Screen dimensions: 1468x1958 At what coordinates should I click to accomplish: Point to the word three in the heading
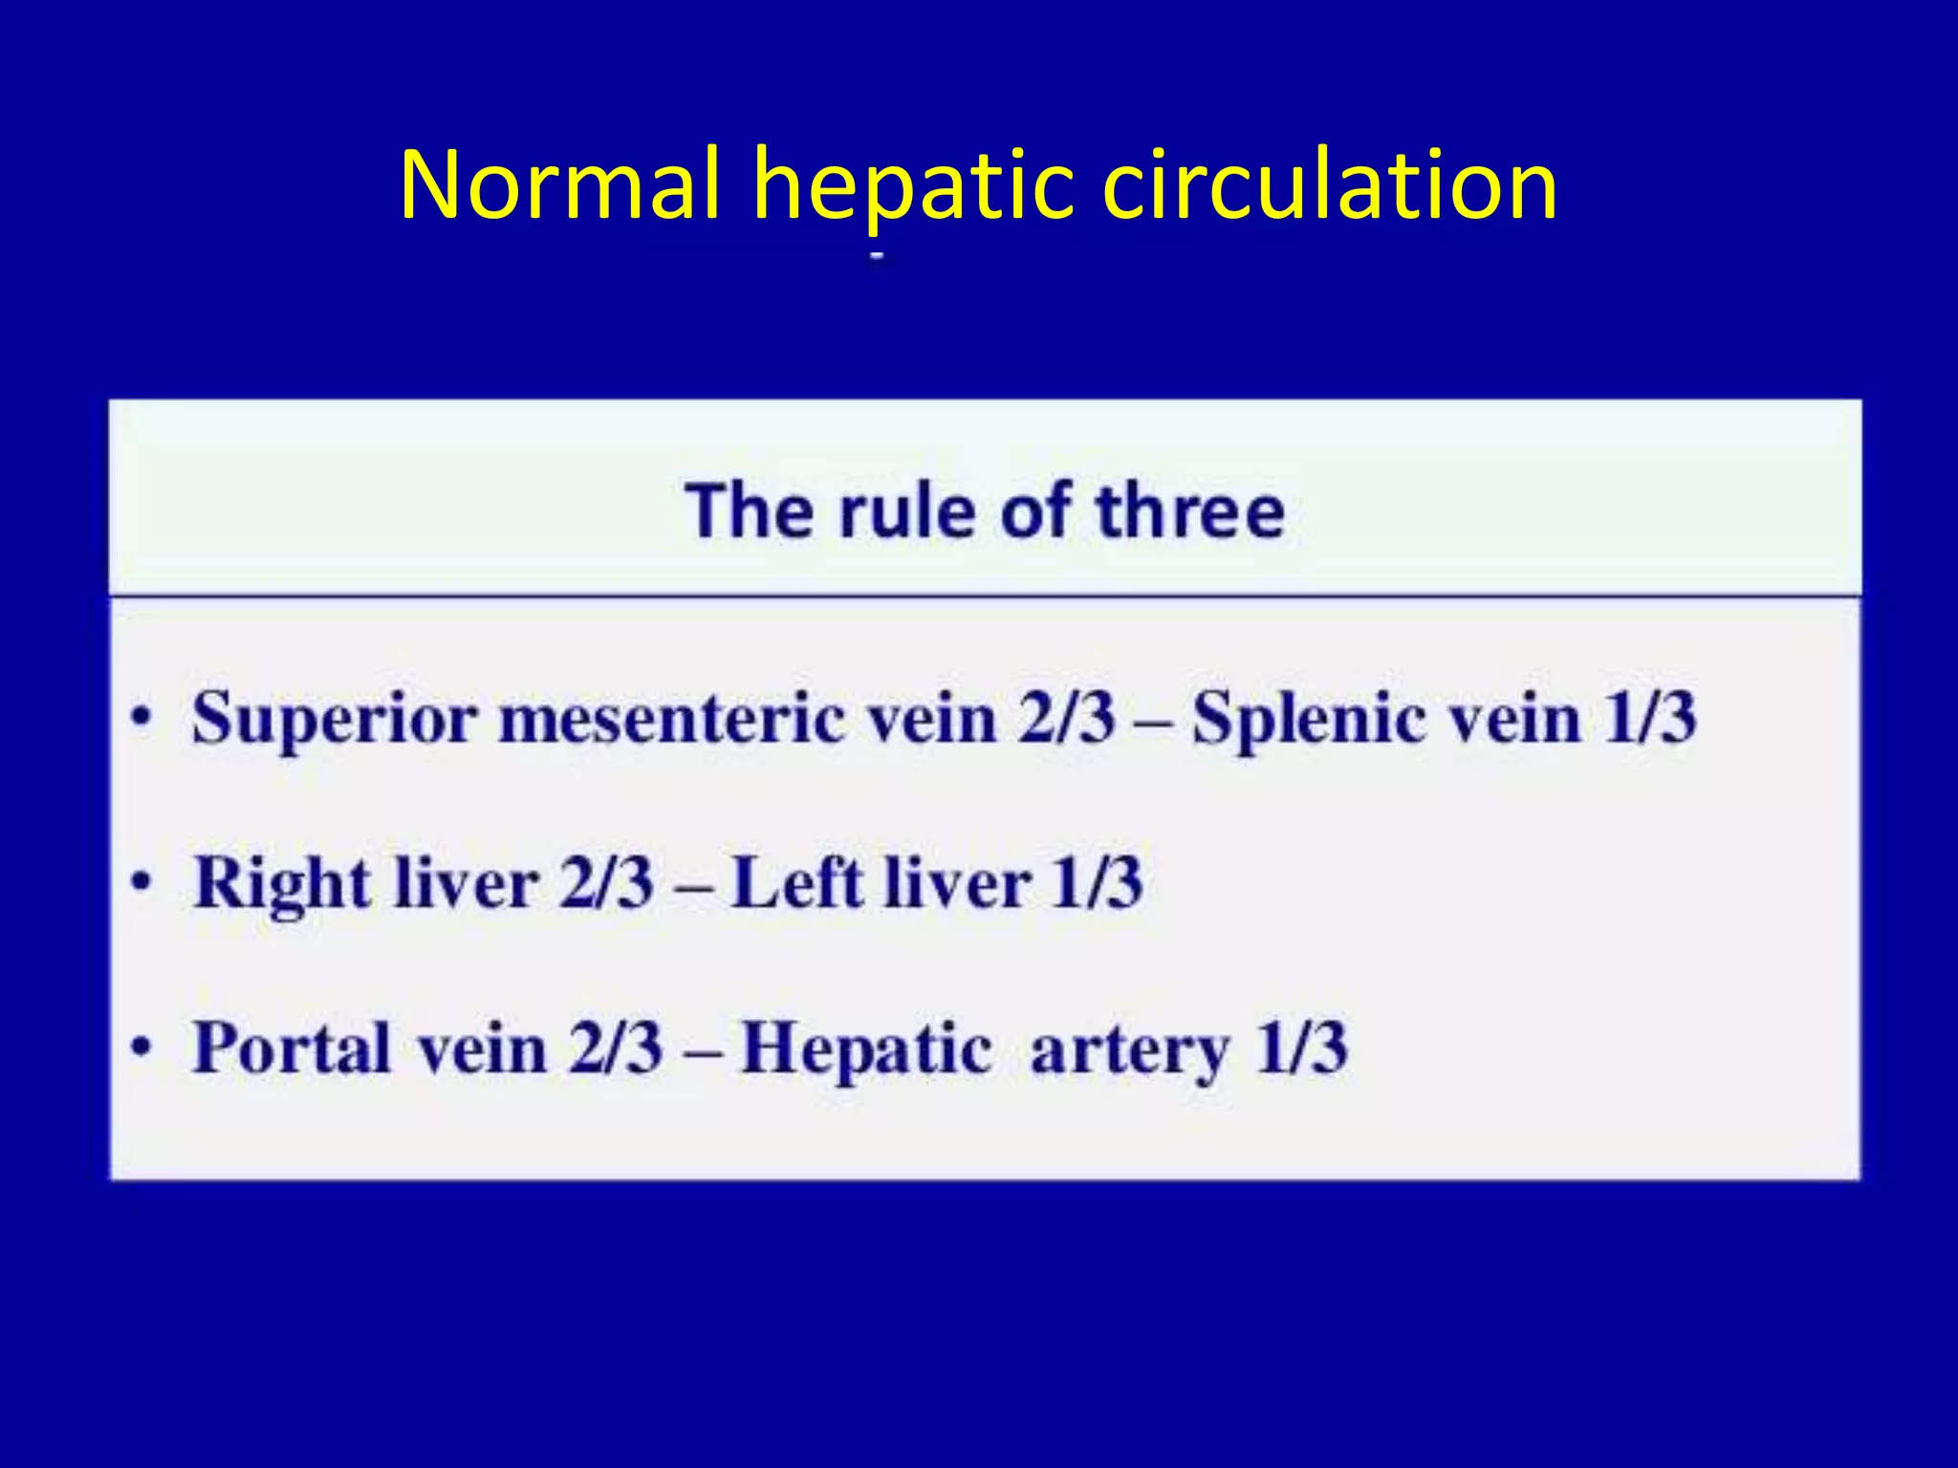point(1190,511)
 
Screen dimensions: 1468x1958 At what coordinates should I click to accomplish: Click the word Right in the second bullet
point(282,883)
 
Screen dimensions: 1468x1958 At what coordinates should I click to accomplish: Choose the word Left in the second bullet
point(798,883)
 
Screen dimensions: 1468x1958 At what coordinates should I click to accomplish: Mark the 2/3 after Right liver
point(606,883)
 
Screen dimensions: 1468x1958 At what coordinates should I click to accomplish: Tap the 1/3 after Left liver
point(1096,883)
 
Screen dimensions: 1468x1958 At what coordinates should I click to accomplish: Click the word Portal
point(292,1048)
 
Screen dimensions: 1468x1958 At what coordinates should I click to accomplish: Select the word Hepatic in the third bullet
point(866,1048)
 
